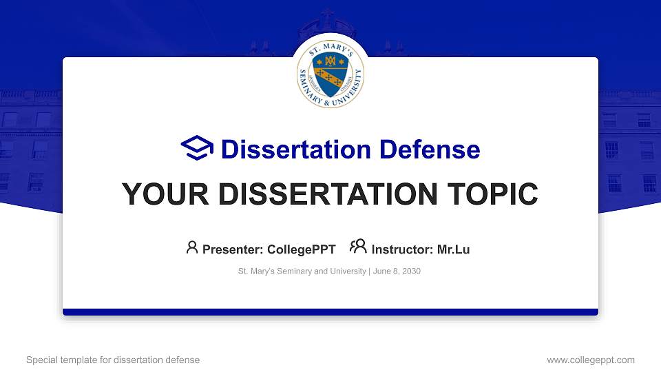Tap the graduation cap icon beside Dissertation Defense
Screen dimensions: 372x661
[198, 149]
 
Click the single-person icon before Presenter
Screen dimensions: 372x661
[192, 247]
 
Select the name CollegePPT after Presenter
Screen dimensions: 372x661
[301, 249]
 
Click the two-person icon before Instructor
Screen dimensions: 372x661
[358, 247]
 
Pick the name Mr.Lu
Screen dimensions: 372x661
[453, 249]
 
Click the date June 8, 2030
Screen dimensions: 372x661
[397, 271]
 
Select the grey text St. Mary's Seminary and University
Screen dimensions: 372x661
[302, 271]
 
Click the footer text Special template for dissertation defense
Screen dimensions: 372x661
[113, 360]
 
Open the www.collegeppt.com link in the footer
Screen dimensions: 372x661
[591, 360]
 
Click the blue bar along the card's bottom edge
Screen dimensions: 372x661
[330, 312]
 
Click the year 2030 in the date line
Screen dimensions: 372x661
[411, 271]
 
